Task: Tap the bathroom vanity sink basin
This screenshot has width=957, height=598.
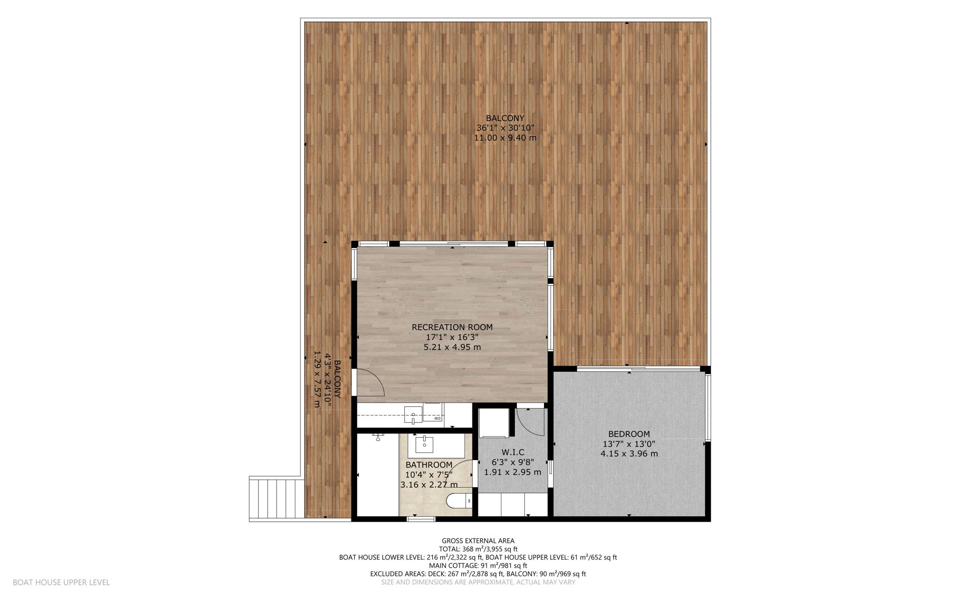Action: click(424, 444)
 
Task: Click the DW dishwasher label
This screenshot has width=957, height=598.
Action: click(438, 419)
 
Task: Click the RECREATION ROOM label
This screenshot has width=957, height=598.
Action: click(452, 327)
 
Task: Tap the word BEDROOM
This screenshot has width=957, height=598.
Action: click(629, 434)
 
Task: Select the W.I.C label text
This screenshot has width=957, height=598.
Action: click(513, 452)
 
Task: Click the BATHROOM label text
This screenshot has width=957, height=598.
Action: click(429, 465)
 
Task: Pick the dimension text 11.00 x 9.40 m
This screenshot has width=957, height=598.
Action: click(505, 138)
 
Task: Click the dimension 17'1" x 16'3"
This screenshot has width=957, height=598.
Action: click(452, 337)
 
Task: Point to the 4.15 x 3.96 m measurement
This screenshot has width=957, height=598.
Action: click(629, 454)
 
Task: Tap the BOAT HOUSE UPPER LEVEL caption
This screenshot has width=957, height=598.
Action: click(61, 583)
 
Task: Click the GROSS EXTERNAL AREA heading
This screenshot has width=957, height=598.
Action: click(478, 541)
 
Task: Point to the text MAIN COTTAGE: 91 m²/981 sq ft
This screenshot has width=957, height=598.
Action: click(478, 566)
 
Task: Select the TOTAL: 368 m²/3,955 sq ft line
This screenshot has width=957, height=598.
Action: click(478, 549)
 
